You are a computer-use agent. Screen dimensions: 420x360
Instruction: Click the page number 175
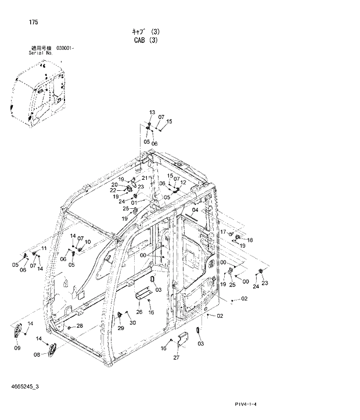[33, 22]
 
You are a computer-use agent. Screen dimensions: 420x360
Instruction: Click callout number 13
[152, 112]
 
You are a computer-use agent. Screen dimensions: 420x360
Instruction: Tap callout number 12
[183, 182]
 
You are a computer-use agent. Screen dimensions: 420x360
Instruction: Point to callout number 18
[250, 240]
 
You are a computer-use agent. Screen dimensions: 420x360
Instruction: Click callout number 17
[222, 231]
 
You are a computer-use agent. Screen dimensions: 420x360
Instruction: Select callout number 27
[176, 358]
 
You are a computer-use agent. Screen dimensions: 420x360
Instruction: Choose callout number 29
[121, 328]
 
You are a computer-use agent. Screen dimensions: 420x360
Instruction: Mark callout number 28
[80, 326]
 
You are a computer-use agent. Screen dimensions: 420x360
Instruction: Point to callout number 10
[88, 241]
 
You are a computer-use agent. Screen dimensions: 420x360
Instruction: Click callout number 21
[144, 178]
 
